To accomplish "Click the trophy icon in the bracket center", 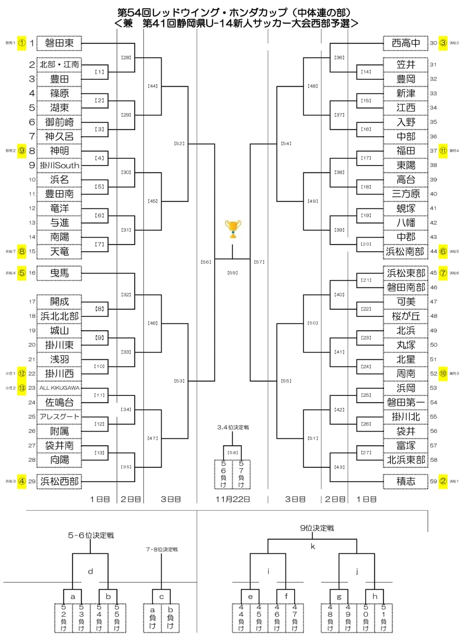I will [233, 229].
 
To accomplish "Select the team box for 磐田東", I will [59, 43].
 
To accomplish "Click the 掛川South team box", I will [59, 166].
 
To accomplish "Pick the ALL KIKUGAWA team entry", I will [59, 388].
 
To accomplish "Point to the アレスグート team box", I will [59, 417].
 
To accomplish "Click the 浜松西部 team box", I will [59, 481].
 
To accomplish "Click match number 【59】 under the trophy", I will [233, 273].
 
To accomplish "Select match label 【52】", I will [179, 144].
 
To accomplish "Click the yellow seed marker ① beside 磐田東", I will [21, 43].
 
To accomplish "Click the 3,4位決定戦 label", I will [232, 428].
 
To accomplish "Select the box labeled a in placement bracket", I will [72, 596].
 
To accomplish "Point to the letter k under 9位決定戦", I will [314, 546].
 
